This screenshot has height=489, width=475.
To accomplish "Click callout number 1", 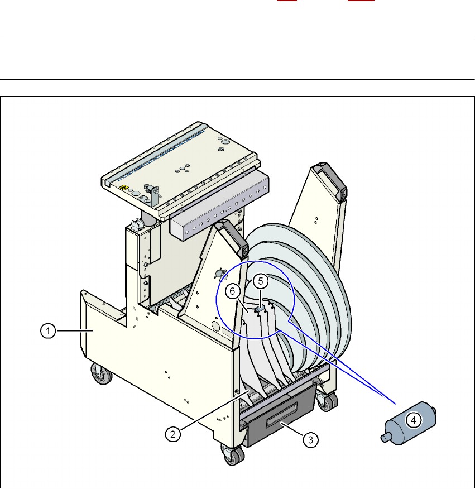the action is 48,331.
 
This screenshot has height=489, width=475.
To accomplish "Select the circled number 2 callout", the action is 173,434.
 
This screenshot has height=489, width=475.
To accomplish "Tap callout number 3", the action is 310,440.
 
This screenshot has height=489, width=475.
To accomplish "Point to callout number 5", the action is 261,281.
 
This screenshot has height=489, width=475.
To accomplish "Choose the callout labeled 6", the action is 232,291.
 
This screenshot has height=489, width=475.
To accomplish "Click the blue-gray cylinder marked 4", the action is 409,423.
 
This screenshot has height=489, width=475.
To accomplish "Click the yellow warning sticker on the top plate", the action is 124,188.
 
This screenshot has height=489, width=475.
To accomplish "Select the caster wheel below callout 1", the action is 102,373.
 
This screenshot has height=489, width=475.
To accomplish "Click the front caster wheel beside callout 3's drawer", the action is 233,456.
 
